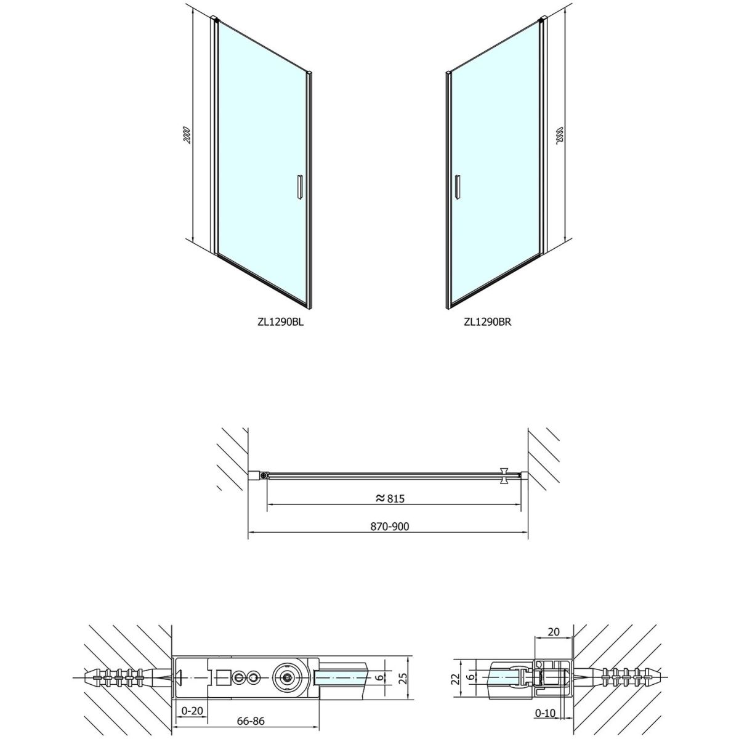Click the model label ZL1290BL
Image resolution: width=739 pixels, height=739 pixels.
click(281, 321)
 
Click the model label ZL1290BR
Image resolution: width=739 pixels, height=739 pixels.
click(487, 321)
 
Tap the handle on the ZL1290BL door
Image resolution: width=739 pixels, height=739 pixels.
click(299, 187)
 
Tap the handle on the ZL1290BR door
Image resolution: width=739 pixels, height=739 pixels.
click(457, 187)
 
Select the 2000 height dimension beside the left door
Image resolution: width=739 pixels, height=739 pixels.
click(187, 135)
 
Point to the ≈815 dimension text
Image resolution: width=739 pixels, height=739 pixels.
click(390, 499)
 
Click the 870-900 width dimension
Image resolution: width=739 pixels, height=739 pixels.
click(390, 527)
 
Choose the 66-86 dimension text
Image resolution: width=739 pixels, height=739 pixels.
click(251, 711)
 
